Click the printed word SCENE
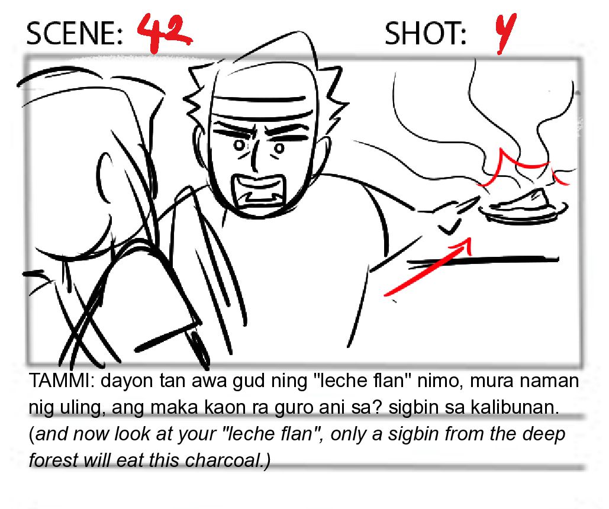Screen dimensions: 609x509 click(x=74, y=33)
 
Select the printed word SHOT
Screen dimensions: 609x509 click(x=425, y=33)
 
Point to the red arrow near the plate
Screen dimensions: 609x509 click(x=427, y=268)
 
